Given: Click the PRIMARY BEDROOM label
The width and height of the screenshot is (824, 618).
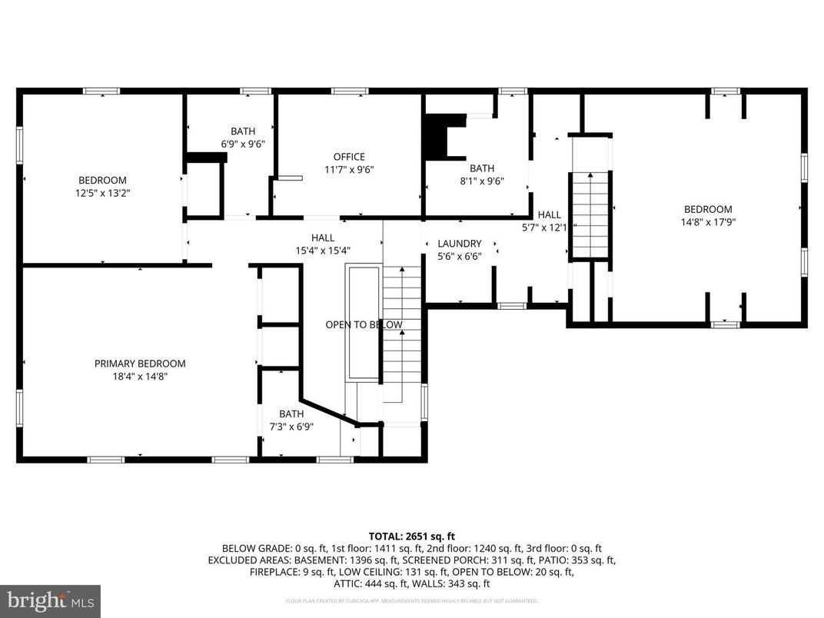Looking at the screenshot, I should coord(140,364).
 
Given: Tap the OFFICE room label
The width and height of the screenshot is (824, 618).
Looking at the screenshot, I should coord(349,157).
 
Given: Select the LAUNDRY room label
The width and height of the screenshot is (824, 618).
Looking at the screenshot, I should coord(460,244).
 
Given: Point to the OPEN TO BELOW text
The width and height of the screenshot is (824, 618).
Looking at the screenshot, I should coord(364,325).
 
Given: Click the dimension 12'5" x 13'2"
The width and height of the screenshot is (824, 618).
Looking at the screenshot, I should coord(98,194).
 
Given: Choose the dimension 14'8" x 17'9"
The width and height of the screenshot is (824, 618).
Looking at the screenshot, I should coord(708,222).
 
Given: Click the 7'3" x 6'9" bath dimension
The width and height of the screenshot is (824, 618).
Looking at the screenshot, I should coord(291,427).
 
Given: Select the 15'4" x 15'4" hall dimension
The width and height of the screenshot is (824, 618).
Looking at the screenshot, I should coord(323,251).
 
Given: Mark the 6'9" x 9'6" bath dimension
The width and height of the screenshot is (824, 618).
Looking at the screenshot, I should coord(243,145).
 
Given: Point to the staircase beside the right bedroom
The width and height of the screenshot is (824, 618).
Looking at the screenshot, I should coord(590,215).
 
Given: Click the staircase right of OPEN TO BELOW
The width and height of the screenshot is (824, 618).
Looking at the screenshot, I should coord(403,331).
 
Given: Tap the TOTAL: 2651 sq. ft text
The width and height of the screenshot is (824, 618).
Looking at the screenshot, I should coord(412,537).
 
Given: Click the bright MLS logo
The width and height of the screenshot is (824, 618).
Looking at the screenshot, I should coord(50,600).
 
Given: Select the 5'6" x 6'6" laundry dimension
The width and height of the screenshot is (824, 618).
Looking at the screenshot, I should coord(460,257).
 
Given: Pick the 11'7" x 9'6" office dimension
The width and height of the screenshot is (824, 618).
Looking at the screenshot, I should coord(349,170).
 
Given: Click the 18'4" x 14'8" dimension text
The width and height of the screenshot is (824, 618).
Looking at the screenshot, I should coord(140,377).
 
